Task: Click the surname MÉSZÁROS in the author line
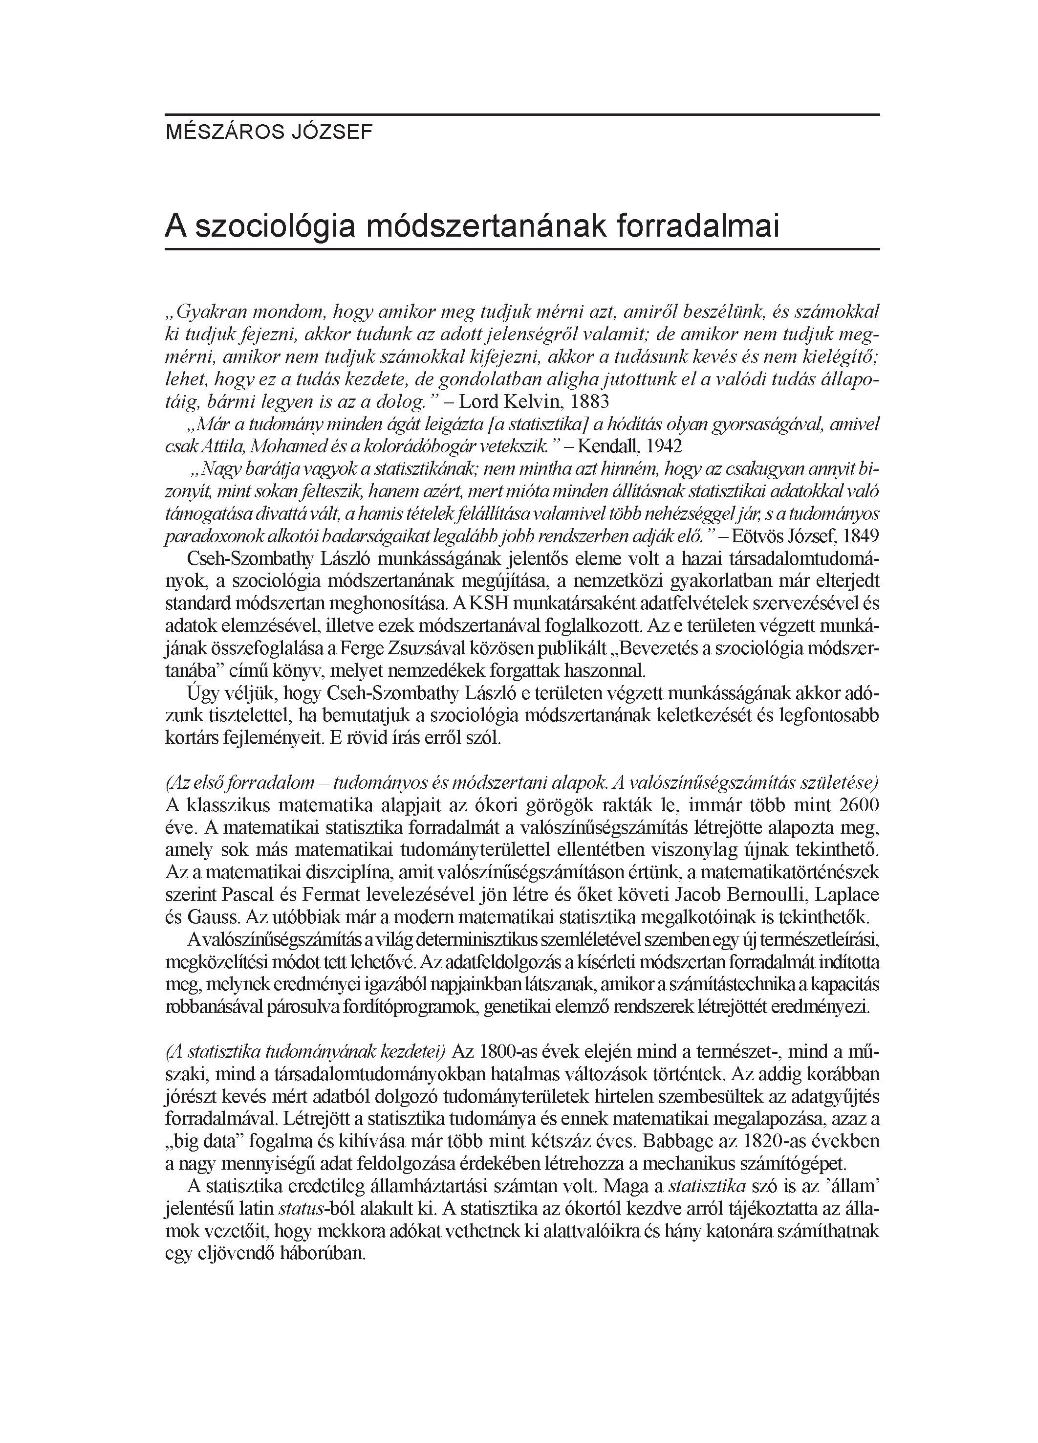click(x=215, y=133)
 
